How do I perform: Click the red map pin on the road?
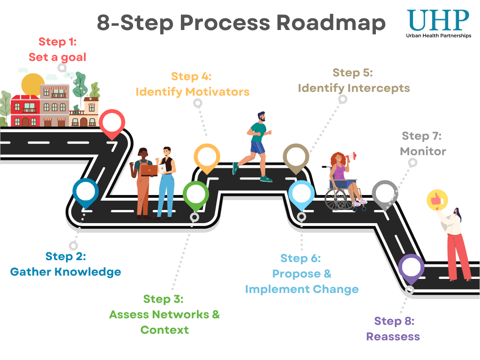click(112, 123)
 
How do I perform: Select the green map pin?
click(195, 195)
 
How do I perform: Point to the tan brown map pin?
click(296, 157)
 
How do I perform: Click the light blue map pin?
click(301, 195)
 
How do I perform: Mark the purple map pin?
click(411, 268)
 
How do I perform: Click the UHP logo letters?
click(437, 20)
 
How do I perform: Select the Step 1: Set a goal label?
click(57, 50)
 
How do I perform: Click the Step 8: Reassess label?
click(393, 329)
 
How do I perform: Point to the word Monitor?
click(423, 151)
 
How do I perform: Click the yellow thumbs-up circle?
click(437, 201)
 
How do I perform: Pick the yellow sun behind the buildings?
click(33, 84)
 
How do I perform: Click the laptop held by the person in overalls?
click(150, 170)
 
